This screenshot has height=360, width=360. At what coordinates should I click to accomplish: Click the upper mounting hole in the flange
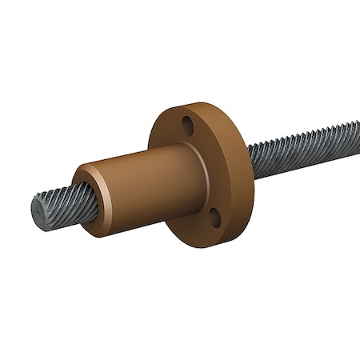pyautogui.click(x=188, y=126)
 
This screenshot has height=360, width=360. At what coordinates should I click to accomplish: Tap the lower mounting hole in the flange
pyautogui.click(x=214, y=215)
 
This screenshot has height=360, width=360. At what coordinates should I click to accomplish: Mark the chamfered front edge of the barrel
pyautogui.click(x=88, y=170)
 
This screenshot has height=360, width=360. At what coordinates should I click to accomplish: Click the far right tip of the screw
pyautogui.click(x=357, y=126)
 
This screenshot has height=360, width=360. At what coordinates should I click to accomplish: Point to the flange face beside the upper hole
pyautogui.click(x=172, y=132)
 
